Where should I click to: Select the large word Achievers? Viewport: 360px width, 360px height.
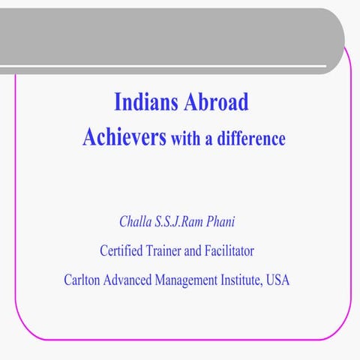pyautogui.click(x=124, y=138)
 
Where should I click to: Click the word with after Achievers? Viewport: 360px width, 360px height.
pyautogui.click(x=186, y=139)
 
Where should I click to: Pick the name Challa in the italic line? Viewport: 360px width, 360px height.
pyautogui.click(x=135, y=222)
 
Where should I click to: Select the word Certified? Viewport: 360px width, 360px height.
pyautogui.click(x=124, y=250)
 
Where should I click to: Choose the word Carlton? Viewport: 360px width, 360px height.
pyautogui.click(x=83, y=280)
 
